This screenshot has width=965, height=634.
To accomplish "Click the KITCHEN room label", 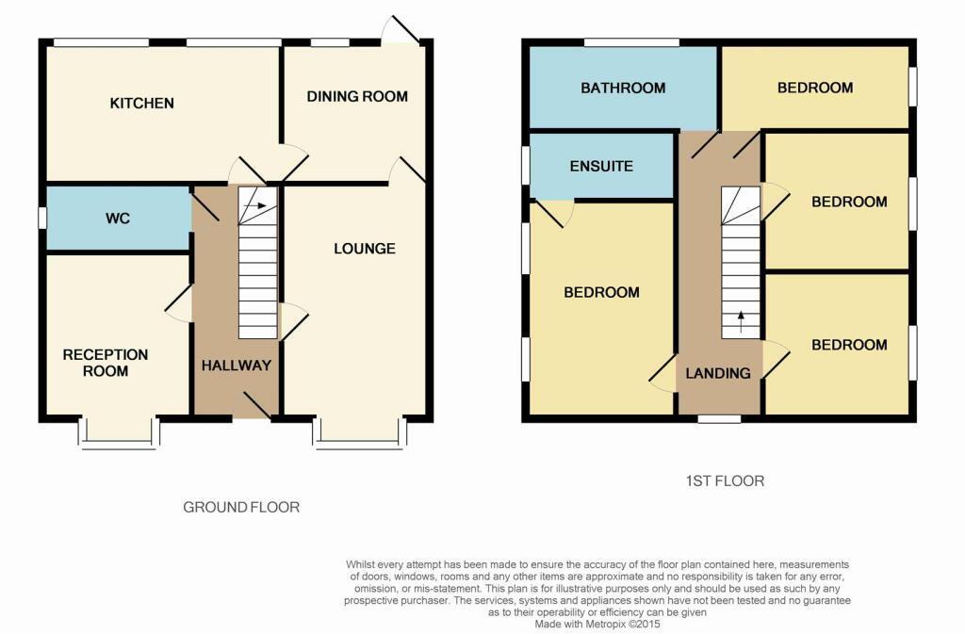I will (x=142, y=103).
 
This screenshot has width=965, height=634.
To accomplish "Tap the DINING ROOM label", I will (x=357, y=96).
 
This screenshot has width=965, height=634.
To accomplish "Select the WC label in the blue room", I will (x=118, y=219).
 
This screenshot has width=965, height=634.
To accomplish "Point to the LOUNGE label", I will (x=364, y=249).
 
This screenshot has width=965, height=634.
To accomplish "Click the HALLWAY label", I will (x=236, y=366).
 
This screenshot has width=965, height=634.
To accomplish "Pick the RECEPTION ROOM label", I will (x=106, y=363).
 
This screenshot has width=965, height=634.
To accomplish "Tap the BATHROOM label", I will (x=623, y=89).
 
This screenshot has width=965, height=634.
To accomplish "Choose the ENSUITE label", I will (x=601, y=167).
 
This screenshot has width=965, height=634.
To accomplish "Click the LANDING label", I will (x=718, y=373).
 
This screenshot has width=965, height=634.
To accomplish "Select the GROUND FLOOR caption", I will (x=241, y=507).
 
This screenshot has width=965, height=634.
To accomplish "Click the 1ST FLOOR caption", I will (x=724, y=480).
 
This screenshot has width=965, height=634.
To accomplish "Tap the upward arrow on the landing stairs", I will (x=740, y=317).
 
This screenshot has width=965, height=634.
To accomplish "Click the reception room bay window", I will (x=119, y=435).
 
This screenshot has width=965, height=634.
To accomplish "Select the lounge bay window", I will (x=359, y=435).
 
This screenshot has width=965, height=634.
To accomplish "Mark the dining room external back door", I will (x=401, y=32).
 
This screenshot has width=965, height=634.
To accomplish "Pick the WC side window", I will (x=42, y=218).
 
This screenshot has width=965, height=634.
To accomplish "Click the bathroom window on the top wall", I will (x=631, y=42).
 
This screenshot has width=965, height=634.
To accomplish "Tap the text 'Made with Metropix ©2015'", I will (x=597, y=624).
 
